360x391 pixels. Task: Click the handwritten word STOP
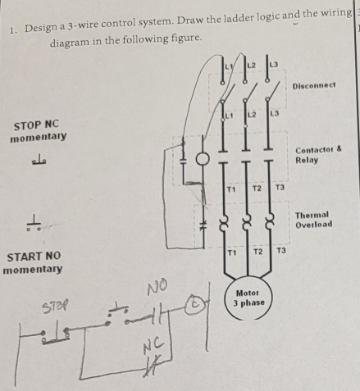pyautogui.click(x=52, y=310)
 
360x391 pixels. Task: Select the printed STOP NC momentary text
pyautogui.click(x=38, y=130)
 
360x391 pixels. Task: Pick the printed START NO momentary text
pyautogui.click(x=33, y=262)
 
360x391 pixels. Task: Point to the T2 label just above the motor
pyautogui.click(x=257, y=250)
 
